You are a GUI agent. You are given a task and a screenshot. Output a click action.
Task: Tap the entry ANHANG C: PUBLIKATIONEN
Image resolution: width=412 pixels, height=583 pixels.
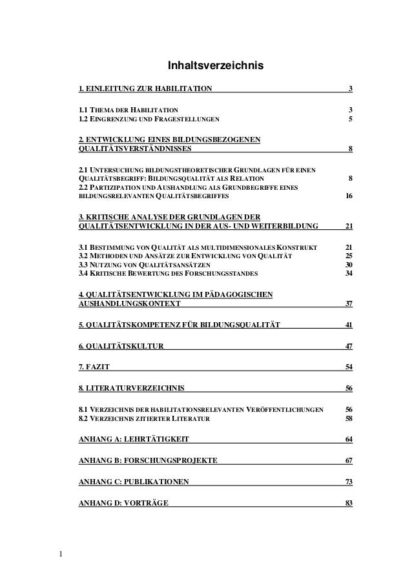tap(133, 482)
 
